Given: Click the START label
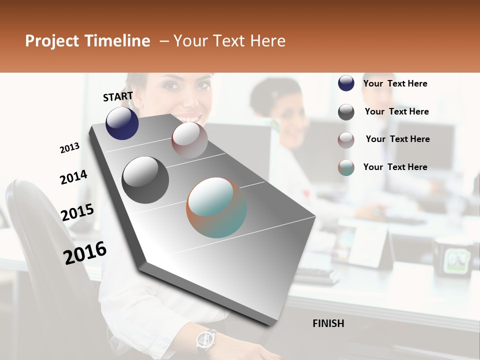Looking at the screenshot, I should point(118,96).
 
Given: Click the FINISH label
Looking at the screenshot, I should point(328,323).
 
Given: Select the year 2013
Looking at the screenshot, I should point(69,147).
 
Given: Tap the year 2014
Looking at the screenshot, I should point(73,177).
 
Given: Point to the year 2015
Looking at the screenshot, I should point(77,212).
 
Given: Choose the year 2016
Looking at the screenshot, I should point(85,252).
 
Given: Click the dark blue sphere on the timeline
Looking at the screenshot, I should point(122,123).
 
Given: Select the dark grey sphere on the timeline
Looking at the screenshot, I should point(145,180).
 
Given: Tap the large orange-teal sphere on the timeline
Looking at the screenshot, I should point(216,207).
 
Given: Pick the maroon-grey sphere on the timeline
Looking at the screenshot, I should point(189,139).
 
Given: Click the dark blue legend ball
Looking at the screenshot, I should point(346,83).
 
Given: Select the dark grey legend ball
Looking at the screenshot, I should point(346,112).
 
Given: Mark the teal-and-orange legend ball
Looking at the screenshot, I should point(346,167).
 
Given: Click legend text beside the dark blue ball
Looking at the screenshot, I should point(395,83).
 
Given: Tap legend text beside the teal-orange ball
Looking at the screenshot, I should point(395,167).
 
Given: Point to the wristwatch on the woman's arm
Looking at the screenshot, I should point(205,339).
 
